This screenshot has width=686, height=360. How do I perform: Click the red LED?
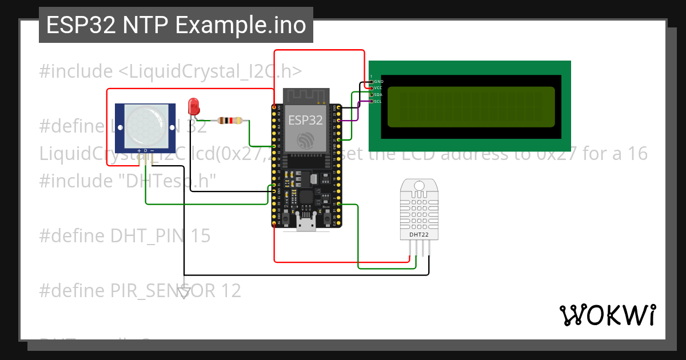pos(194,105)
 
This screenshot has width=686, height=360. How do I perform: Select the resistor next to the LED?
pos(230,121)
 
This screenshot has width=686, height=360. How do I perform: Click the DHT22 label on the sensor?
pos(419,234)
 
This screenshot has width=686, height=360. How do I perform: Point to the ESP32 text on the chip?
pos(305,120)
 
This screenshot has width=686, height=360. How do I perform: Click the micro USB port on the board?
pos(306,223)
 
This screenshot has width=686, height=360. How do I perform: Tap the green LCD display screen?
pos(471,107)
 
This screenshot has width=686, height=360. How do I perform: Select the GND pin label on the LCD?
pos(378,82)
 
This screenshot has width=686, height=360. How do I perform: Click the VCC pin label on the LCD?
pos(378,88)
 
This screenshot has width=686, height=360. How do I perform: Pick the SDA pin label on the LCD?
pos(378,94)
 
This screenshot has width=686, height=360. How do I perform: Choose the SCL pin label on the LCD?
pos(378,101)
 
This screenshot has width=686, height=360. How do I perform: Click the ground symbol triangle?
pos(184,293)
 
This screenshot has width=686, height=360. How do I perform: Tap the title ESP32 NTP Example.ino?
pos(176,25)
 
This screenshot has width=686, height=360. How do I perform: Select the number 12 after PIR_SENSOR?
pos(231,291)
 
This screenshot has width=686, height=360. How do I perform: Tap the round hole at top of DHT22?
pos(419,185)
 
